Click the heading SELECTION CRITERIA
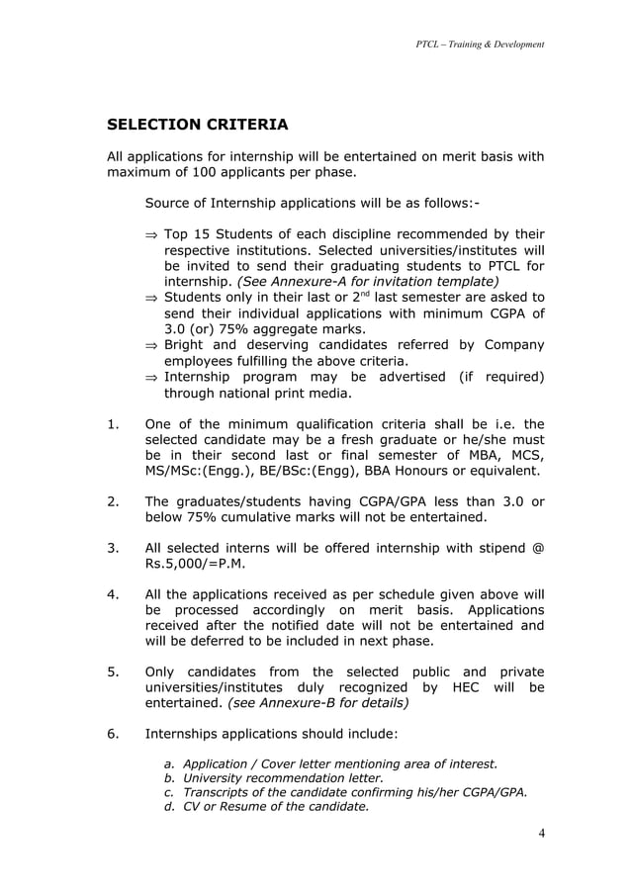[197, 126]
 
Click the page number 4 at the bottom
[540, 832]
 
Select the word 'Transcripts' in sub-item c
[222, 791]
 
